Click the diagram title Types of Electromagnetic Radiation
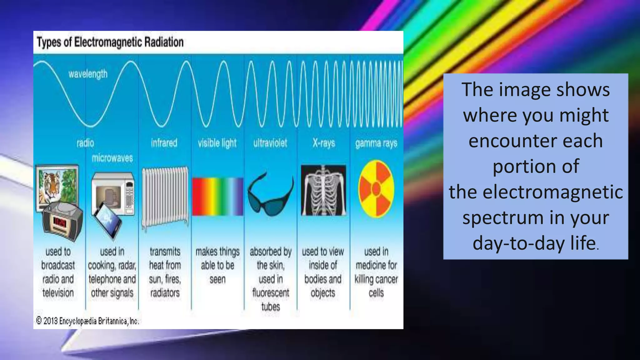(x=110, y=42)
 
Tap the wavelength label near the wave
(x=88, y=74)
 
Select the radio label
(x=85, y=143)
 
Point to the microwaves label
(x=112, y=158)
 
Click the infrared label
(x=164, y=143)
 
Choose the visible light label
(x=217, y=143)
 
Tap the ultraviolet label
(x=270, y=143)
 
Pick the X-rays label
(x=324, y=143)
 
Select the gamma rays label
(x=376, y=143)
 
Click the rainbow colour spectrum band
(x=217, y=197)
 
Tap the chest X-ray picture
(x=323, y=190)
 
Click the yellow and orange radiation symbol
(x=376, y=189)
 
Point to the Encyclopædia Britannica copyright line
(x=87, y=321)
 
